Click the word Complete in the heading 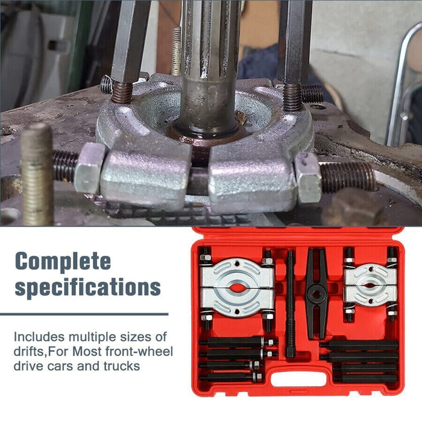63,261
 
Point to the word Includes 38,336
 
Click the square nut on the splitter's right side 308,177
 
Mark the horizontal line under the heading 84,314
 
